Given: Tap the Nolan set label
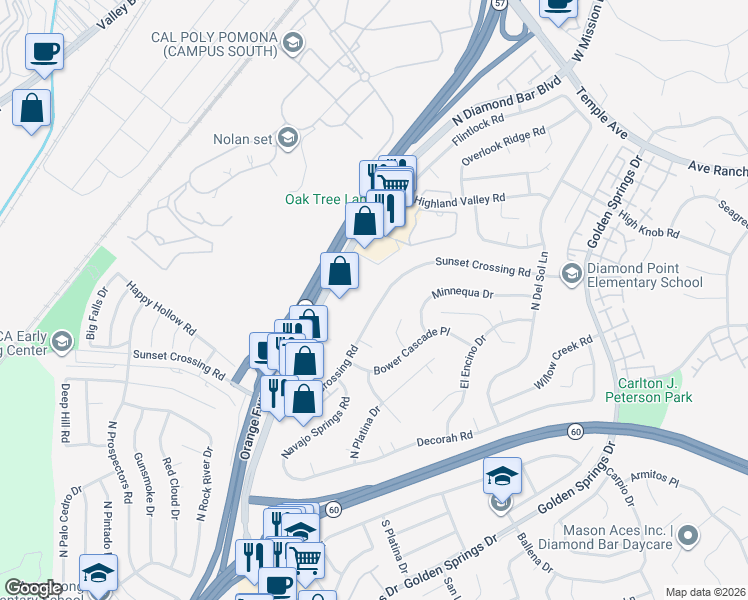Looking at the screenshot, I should click(x=243, y=139).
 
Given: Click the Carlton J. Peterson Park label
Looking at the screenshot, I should click(x=649, y=391).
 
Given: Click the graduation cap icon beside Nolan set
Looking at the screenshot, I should click(x=287, y=138).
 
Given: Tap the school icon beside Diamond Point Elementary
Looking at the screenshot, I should click(x=571, y=272).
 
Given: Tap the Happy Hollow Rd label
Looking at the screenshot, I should click(x=160, y=307).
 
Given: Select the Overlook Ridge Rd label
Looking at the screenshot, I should click(x=503, y=146).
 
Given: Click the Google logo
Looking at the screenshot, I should click(x=33, y=588).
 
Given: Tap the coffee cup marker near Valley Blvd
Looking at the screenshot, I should click(x=44, y=51).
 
